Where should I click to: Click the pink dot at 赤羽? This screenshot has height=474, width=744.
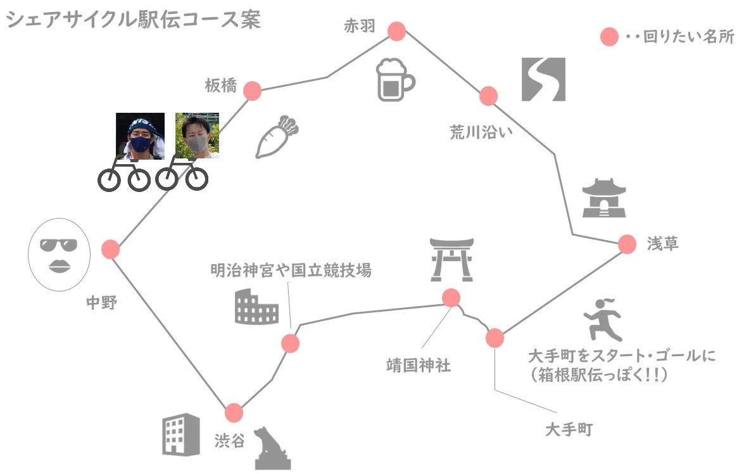coord(396,31)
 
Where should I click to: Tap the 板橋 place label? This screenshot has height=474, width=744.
coord(220,86)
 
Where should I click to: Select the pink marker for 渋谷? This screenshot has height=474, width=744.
coord(234,413)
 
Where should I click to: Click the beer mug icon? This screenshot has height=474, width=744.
coord(395,80)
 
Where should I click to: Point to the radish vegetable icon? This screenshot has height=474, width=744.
coord(277,136)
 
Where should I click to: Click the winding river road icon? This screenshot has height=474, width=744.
coord(543,79)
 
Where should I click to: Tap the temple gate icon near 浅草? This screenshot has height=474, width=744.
coord(604,198)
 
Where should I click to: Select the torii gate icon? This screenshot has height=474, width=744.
coord(451,259)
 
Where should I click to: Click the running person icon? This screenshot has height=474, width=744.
coord(603,319)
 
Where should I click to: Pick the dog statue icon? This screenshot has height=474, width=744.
coord(272,449)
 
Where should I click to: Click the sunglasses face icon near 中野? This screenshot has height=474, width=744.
coord(60,255)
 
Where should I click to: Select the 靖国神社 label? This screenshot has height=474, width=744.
coord(418,365)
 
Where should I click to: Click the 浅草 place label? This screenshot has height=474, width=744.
coord(662,243)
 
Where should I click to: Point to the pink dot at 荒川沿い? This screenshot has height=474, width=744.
coord(488,96)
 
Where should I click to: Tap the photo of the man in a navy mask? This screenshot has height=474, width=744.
coord(141,136)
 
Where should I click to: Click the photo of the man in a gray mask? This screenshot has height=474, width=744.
coord(197,136)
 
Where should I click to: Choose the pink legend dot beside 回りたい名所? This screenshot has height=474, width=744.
coord(609,37)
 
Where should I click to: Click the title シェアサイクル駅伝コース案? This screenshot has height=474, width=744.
coord(134,20)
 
